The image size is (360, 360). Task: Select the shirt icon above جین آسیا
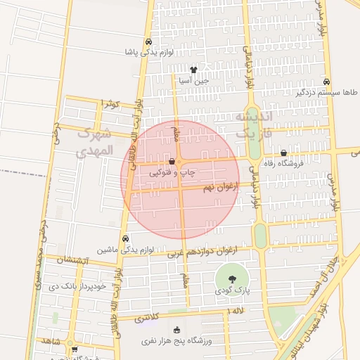(x=193, y=70)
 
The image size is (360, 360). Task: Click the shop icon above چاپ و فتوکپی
(x=172, y=162)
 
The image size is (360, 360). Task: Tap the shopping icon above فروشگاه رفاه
(x=283, y=153)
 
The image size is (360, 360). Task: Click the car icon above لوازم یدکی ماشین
(x=125, y=238)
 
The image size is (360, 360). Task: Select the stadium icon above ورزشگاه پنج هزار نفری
(x=176, y=330)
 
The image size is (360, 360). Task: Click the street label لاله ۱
(x=240, y=310)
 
